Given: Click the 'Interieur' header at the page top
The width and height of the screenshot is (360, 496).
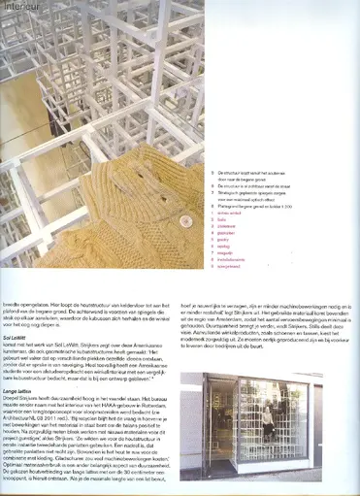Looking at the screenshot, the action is click(x=20, y=5).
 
